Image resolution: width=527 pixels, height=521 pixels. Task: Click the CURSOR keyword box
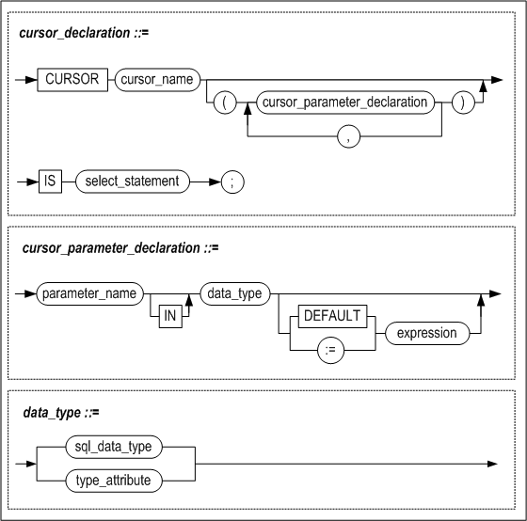(x=72, y=80)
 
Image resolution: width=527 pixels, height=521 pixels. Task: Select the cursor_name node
(x=157, y=80)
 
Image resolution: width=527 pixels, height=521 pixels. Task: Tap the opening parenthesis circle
(x=225, y=103)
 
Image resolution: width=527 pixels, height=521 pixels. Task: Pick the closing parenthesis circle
(x=463, y=103)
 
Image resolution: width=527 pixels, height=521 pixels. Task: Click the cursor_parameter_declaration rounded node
(x=345, y=103)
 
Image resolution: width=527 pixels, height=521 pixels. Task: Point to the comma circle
(x=348, y=136)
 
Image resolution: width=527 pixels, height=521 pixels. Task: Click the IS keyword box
(x=50, y=182)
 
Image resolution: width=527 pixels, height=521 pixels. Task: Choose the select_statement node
(x=133, y=182)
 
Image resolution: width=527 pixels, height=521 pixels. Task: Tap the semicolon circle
(x=232, y=182)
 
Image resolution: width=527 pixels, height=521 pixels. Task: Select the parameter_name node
(x=89, y=294)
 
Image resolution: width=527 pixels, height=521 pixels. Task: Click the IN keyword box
(x=170, y=316)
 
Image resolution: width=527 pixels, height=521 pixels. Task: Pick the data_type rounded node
(x=235, y=294)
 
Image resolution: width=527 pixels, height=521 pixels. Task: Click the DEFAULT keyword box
(x=333, y=316)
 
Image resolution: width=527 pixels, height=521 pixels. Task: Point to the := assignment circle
(x=330, y=351)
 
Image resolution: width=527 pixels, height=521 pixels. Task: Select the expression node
(x=427, y=333)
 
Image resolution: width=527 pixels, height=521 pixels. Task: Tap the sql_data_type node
(x=114, y=447)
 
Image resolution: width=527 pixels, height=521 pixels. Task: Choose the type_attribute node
(x=114, y=481)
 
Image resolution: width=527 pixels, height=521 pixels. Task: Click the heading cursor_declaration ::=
(x=84, y=33)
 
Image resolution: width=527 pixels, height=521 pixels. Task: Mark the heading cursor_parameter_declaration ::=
(x=120, y=248)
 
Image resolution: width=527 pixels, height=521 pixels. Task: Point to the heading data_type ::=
(x=61, y=413)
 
